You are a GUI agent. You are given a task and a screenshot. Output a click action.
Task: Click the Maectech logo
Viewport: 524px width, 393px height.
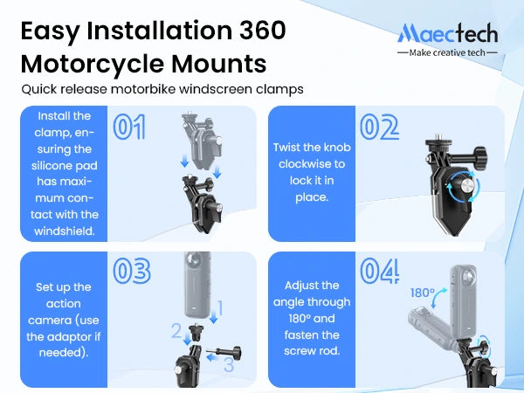coord(447,33)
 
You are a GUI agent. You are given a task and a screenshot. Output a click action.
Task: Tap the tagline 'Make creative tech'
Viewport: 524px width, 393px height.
coord(447,52)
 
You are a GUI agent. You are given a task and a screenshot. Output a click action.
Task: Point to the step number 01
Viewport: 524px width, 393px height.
coord(129,127)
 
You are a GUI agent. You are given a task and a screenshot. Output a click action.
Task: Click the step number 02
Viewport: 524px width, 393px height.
coord(379,127)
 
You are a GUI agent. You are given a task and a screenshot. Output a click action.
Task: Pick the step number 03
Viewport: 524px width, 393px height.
coord(132,271)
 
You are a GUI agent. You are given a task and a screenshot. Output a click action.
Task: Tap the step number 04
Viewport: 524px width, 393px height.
coord(380,271)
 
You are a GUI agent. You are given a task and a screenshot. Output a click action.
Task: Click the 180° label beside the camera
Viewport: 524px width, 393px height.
coord(423,293)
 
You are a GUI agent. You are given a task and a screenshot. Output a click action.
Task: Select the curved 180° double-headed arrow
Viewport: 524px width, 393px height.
coord(438,297)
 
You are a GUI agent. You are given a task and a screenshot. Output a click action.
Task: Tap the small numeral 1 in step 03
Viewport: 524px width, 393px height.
coord(220,307)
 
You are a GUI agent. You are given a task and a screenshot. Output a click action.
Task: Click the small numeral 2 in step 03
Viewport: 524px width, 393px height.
coord(176,330)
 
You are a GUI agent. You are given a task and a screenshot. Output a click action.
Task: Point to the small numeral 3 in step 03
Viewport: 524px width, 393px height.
coord(229,364)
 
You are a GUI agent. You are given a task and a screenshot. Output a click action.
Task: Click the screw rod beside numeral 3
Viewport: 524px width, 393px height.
coord(224,352)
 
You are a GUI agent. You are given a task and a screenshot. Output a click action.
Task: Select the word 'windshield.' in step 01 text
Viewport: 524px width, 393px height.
coord(64,231)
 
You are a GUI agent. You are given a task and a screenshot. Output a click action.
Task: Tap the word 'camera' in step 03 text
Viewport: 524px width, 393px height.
coord(49,321)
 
